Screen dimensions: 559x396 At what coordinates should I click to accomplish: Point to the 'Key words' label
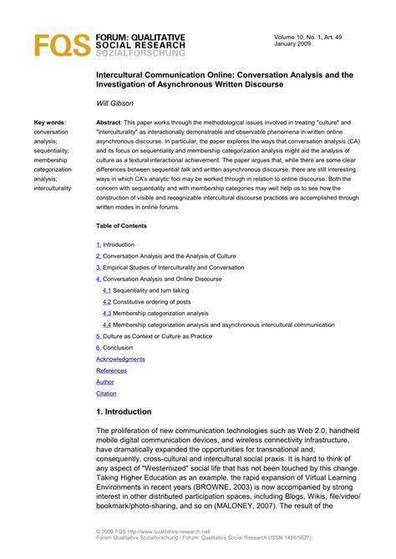(48, 123)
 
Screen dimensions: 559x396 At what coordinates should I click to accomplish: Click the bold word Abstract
(110, 123)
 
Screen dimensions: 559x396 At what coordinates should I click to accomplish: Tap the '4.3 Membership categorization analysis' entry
(160, 313)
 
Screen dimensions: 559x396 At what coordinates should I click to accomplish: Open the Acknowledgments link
(120, 359)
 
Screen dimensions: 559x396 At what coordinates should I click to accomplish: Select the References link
(111, 370)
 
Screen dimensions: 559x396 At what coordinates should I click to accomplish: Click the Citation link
(106, 393)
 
